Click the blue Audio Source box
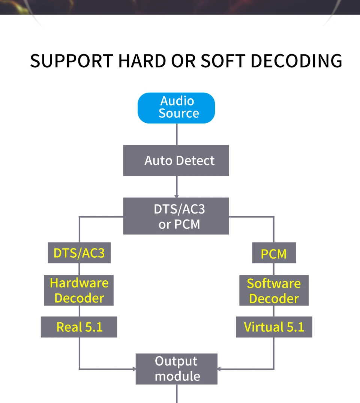pyautogui.click(x=176, y=108)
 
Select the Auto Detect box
pyautogui.click(x=176, y=161)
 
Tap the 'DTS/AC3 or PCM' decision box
pyautogui.click(x=176, y=216)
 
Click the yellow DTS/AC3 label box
pyautogui.click(x=79, y=253)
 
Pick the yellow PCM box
pyautogui.click(x=274, y=253)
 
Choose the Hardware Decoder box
pyautogui.click(x=79, y=290)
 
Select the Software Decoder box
pyautogui.click(x=274, y=291)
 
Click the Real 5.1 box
pyautogui.click(x=79, y=327)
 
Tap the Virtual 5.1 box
pyautogui.click(x=274, y=327)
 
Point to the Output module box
pyautogui.click(x=176, y=368)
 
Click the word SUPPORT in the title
pyautogui.click(x=71, y=61)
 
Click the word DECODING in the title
pyautogui.click(x=296, y=61)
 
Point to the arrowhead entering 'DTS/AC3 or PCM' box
pyautogui.click(x=176, y=196)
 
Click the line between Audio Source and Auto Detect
pyautogui.click(x=176, y=134)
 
